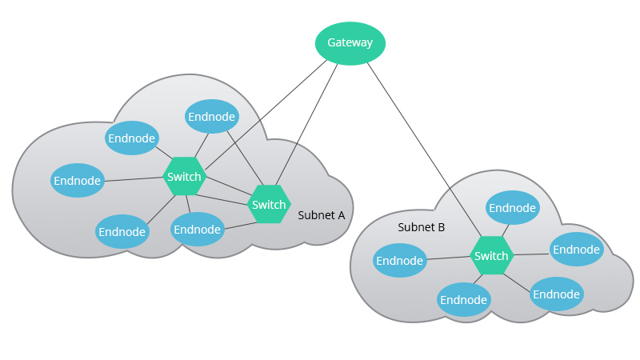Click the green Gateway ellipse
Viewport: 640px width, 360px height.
click(x=350, y=42)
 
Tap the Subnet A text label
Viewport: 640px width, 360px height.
click(x=321, y=215)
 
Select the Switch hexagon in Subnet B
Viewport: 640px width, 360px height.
click(x=491, y=256)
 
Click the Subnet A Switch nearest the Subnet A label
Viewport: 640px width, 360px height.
click(x=269, y=205)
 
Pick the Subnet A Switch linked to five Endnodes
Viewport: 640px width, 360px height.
click(x=184, y=176)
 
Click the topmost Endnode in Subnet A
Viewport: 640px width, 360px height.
click(x=212, y=117)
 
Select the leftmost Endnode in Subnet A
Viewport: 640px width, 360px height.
click(x=78, y=181)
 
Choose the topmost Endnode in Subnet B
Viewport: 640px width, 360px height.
click(x=513, y=208)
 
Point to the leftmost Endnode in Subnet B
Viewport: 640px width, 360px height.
click(x=400, y=261)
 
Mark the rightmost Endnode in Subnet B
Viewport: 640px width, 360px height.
click(x=576, y=250)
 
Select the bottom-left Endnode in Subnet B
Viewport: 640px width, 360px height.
click(x=464, y=300)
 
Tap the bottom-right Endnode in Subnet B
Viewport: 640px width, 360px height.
click(x=557, y=294)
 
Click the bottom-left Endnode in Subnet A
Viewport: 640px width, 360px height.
click(x=122, y=232)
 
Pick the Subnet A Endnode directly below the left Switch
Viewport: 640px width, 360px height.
click(x=197, y=230)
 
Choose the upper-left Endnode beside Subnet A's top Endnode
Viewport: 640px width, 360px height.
click(x=132, y=138)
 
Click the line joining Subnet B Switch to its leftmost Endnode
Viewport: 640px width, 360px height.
click(x=448, y=258)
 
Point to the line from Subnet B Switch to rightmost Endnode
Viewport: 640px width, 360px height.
click(x=530, y=254)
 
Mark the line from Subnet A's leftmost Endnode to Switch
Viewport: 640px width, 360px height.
click(x=134, y=178)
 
